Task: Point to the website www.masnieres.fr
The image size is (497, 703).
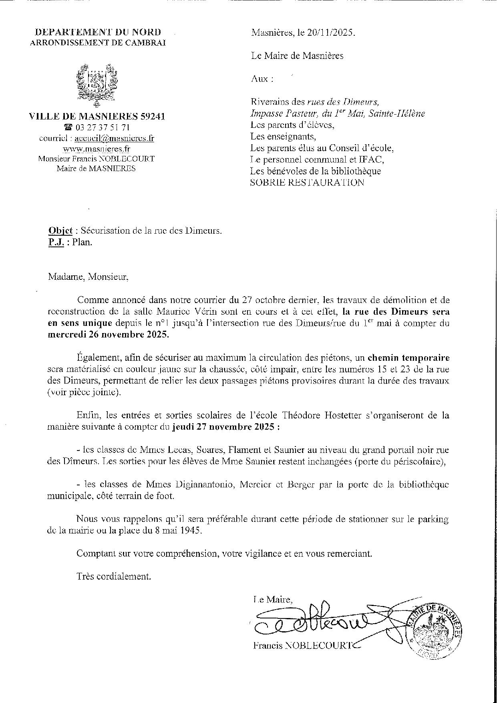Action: pyautogui.click(x=97, y=149)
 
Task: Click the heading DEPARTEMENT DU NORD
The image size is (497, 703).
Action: pyautogui.click(x=98, y=32)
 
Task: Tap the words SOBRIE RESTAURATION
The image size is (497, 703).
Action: pyautogui.click(x=307, y=183)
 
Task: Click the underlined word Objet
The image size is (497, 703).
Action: pyautogui.click(x=60, y=231)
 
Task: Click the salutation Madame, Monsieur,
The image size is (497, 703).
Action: pyautogui.click(x=88, y=277)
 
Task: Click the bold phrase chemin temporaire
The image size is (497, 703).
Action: pyautogui.click(x=408, y=358)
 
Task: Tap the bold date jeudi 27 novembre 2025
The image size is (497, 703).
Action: pyautogui.click(x=226, y=427)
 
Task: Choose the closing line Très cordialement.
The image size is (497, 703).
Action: pyautogui.click(x=114, y=577)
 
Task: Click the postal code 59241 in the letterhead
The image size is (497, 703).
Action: pyautogui.click(x=152, y=117)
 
